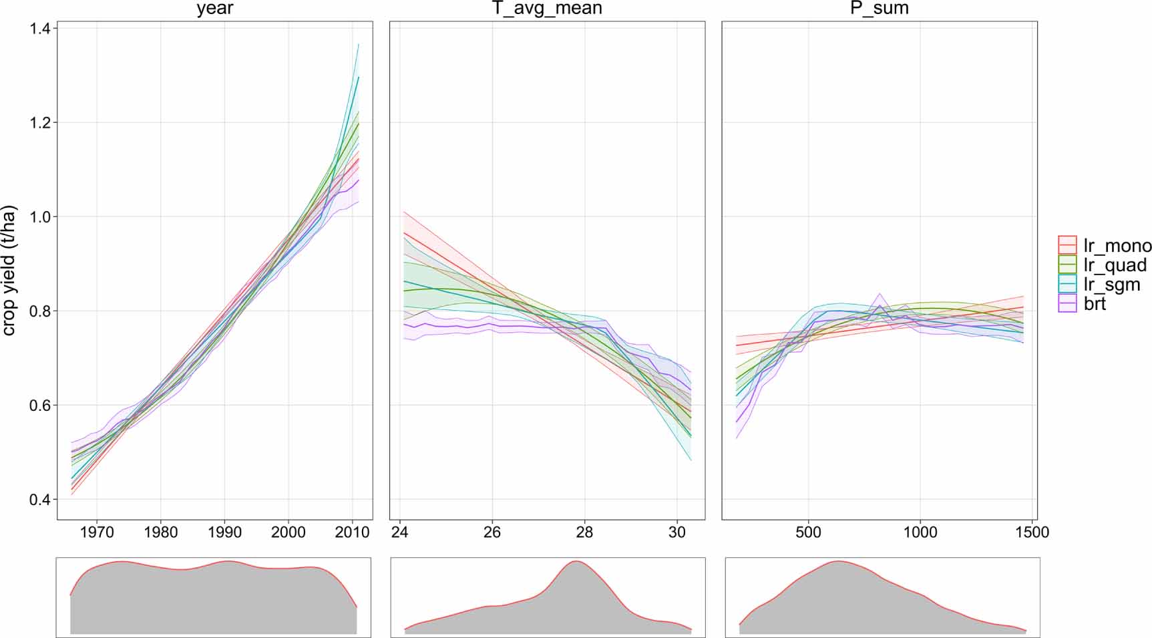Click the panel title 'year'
point(214,9)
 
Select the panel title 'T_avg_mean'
point(547,9)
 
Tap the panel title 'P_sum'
point(880,9)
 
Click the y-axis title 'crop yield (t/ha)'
point(9,271)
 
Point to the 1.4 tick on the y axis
point(43,29)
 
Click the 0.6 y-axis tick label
point(43,406)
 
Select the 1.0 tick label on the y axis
point(43,217)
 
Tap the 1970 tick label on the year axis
point(96,532)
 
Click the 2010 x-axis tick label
point(352,532)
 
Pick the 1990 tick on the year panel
point(224,532)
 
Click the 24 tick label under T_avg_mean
point(399,532)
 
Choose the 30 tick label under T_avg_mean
point(677,532)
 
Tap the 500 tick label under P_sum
point(808,532)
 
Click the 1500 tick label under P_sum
point(1032,532)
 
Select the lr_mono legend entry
point(1117,245)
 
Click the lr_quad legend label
point(1115,265)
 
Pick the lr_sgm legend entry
point(1112,285)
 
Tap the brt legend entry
point(1095,304)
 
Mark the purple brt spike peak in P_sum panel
point(880,294)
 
